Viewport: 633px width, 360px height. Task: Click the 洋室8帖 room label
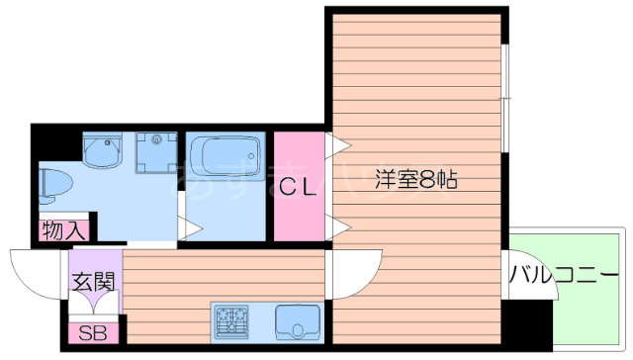coord(414,181)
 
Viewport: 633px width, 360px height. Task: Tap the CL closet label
coord(297,185)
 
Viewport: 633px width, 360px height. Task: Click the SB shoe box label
coord(92,333)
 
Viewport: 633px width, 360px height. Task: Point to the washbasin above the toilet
coord(101,150)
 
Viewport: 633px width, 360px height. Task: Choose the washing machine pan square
coord(154,151)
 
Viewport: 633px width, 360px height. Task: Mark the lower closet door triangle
coord(339,228)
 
